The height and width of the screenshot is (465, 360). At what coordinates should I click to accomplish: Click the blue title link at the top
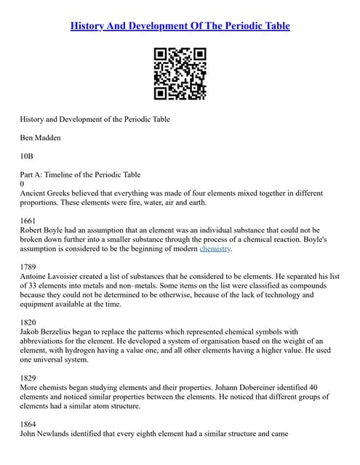tap(180, 26)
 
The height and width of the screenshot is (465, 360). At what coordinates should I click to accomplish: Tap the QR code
tap(180, 74)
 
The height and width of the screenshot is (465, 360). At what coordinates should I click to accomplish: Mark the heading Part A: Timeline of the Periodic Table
tap(80, 174)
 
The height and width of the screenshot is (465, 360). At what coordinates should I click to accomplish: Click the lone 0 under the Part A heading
tap(22, 184)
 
